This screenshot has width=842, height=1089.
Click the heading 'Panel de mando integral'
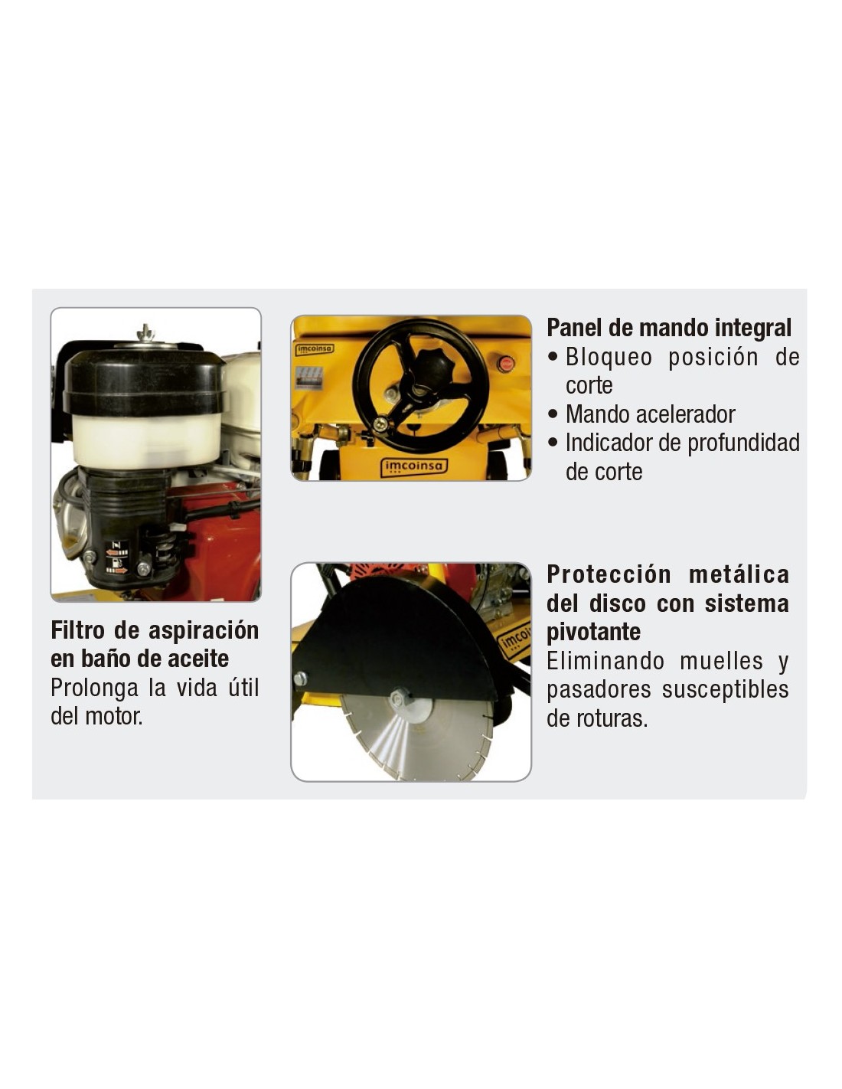[668, 327]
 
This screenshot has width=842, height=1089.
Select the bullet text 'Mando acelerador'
[650, 414]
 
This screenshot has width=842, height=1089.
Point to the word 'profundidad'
[743, 443]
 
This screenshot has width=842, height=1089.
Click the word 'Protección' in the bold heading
[609, 574]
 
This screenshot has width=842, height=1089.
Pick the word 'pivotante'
[593, 633]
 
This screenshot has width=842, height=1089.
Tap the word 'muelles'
[721, 661]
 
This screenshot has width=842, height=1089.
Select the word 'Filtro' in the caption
[77, 630]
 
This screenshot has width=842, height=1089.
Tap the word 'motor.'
[114, 716]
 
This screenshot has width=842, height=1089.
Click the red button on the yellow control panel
[505, 363]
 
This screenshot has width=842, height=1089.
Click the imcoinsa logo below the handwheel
[414, 467]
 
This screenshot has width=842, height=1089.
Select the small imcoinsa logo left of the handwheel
[314, 348]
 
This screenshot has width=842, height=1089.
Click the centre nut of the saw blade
[401, 697]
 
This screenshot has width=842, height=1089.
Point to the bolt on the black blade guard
[301, 679]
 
